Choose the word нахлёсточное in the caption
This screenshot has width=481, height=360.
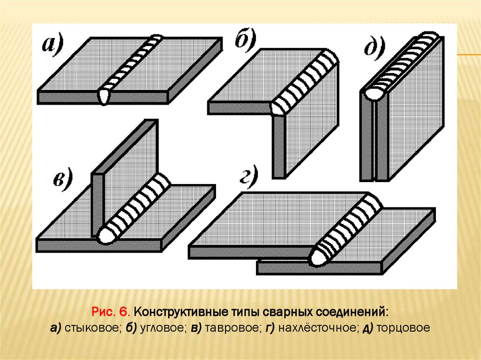(318, 328)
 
